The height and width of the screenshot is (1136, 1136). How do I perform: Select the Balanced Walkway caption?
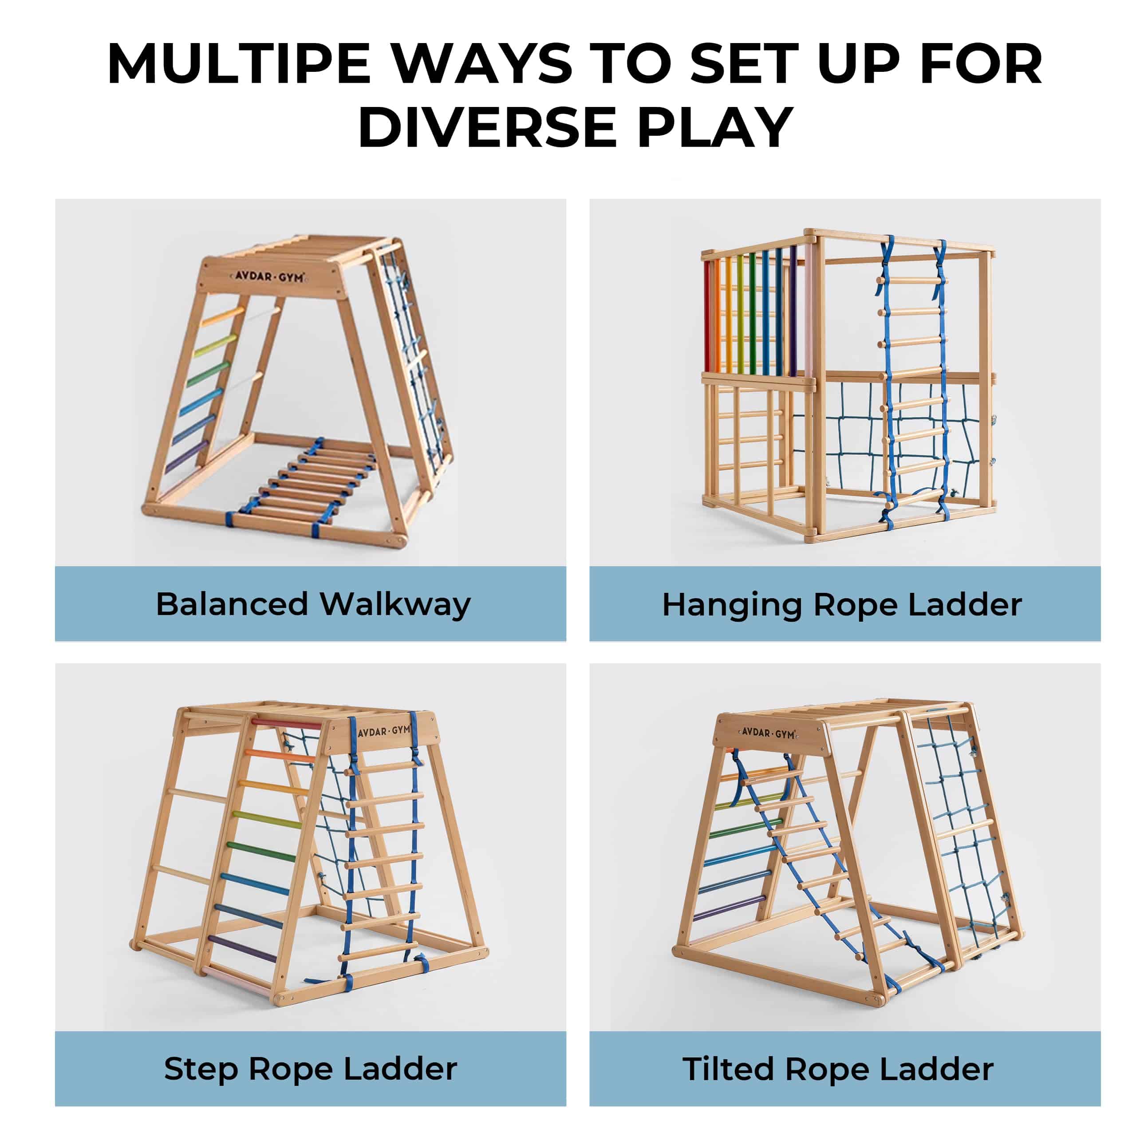[x=313, y=604]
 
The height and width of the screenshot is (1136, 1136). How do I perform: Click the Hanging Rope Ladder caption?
[x=842, y=605]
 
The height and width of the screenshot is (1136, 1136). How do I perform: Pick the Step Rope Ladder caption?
[x=311, y=1069]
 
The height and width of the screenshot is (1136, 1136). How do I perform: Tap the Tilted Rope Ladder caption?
[x=838, y=1069]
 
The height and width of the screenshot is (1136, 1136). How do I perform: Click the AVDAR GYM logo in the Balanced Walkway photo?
[x=269, y=276]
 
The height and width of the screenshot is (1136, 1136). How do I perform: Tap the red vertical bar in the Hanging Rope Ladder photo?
[x=707, y=316]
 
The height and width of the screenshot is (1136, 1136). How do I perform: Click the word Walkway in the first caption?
[x=395, y=604]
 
